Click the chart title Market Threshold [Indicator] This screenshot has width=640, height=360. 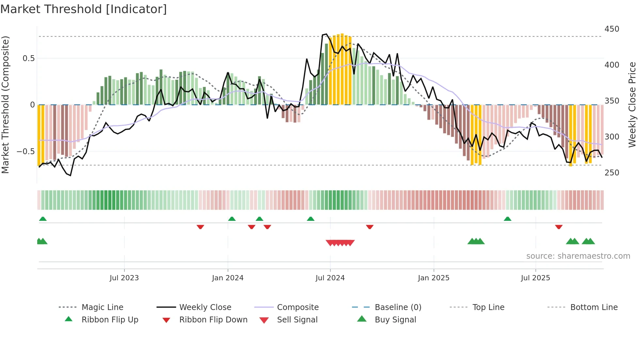pos(84,9)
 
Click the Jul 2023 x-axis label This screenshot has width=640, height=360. pos(124,278)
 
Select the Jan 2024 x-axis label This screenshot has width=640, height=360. pos(228,278)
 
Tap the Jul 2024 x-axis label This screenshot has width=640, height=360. pos(330,278)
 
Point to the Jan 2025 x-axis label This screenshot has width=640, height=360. pos(434,278)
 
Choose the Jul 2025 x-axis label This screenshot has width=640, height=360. pos(536,278)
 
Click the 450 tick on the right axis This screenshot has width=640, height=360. pos(612,29)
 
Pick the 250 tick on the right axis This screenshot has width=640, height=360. pos(612,173)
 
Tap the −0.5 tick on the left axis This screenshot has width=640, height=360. pos(25,152)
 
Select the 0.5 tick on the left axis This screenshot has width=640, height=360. pos(28,58)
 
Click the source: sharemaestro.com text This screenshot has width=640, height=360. pos(578,256)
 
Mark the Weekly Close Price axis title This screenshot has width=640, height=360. pos(632,105)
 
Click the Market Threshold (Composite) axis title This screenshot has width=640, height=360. pos(5,105)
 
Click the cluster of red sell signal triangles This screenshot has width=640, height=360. pos(340,243)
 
